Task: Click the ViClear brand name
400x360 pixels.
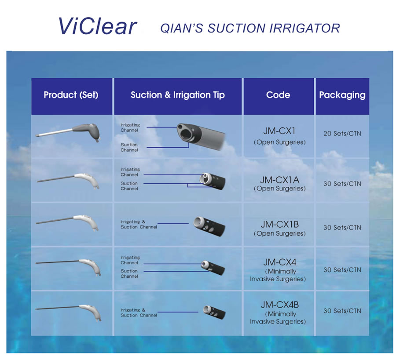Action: point(97,26)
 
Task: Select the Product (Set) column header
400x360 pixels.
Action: point(71,95)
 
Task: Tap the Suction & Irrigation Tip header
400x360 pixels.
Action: point(177,95)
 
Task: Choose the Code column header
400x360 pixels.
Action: point(278,95)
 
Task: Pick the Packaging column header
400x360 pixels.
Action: point(342,95)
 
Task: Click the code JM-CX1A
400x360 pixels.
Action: point(279,180)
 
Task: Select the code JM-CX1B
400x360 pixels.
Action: point(279,225)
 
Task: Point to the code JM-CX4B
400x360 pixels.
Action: point(279,305)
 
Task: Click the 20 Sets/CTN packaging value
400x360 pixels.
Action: point(342,134)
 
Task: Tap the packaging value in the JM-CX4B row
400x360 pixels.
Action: point(342,311)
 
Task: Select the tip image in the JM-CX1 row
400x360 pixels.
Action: point(200,136)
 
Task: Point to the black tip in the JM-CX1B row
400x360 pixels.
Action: point(209,226)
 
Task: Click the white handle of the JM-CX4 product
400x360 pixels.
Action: point(91,267)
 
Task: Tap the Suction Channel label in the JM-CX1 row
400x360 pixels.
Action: point(129,147)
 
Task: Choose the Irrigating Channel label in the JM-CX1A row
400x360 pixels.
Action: point(130,172)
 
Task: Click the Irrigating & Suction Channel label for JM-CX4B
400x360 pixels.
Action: point(139,313)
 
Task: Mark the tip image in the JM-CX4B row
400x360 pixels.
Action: point(214,312)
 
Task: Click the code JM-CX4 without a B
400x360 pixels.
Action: point(279,262)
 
